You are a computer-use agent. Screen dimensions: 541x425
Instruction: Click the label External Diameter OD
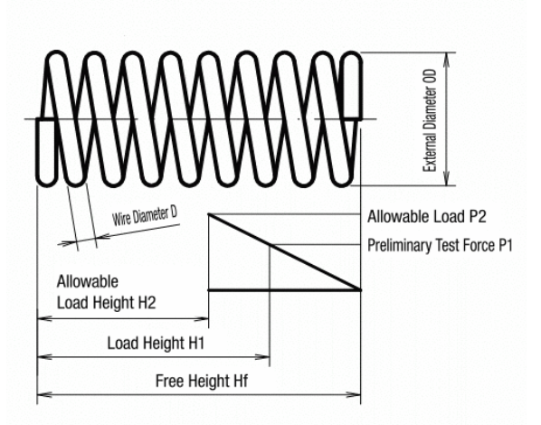click(x=431, y=121)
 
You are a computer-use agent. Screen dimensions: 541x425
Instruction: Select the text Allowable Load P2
click(x=427, y=217)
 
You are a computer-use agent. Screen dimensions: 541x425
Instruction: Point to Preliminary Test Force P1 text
click(x=440, y=246)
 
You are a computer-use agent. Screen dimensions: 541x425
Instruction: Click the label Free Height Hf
click(x=202, y=382)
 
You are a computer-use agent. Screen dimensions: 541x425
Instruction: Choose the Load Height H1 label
click(x=156, y=344)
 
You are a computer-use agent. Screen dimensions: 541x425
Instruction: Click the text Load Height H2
click(x=106, y=303)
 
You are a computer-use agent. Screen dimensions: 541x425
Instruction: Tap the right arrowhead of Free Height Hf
click(x=354, y=394)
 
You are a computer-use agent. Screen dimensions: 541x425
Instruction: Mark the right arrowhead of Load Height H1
click(x=262, y=356)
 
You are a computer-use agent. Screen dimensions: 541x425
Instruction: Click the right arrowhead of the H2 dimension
click(x=202, y=318)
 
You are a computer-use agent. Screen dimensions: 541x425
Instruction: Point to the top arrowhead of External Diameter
click(x=447, y=60)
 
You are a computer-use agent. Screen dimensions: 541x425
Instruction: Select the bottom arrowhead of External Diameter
click(x=447, y=178)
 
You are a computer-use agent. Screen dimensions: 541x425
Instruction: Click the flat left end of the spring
click(x=45, y=153)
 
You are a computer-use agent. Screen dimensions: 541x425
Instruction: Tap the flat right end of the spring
click(x=352, y=85)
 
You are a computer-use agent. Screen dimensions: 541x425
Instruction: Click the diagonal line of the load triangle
click(x=284, y=252)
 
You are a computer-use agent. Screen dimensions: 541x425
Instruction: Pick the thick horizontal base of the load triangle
click(x=284, y=290)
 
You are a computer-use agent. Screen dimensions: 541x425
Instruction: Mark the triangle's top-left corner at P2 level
click(x=208, y=214)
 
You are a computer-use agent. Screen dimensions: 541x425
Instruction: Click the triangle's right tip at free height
click(x=361, y=290)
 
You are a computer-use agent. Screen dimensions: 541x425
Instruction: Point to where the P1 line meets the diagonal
click(x=270, y=245)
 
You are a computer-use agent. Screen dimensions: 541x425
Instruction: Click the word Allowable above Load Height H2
click(x=87, y=281)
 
